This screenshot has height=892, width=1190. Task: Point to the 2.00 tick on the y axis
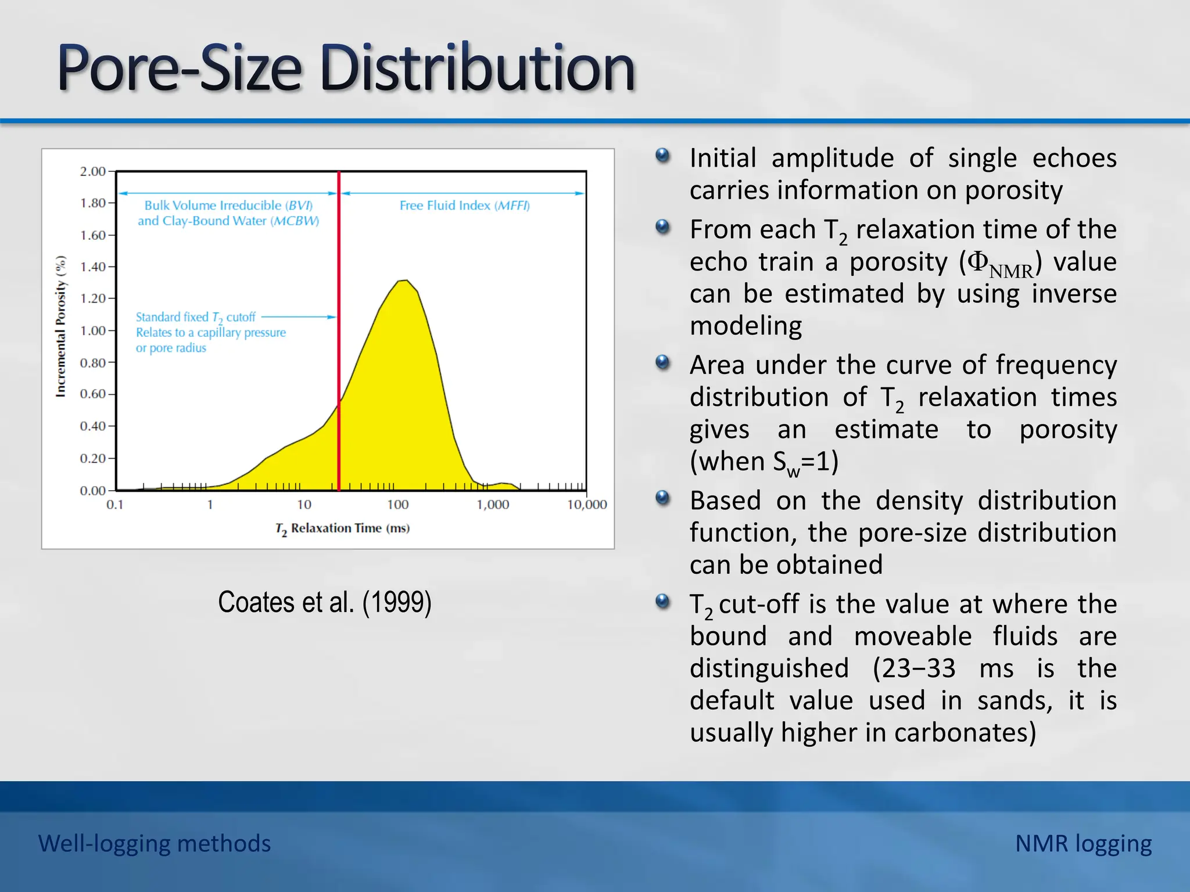click(93, 171)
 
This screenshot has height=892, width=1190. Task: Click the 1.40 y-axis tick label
click(93, 267)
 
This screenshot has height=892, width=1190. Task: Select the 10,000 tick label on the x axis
click(587, 505)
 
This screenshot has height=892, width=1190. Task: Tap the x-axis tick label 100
click(398, 505)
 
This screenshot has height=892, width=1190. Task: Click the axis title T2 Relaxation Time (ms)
click(342, 528)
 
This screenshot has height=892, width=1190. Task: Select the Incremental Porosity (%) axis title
click(60, 326)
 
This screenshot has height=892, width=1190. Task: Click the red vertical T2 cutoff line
click(339, 348)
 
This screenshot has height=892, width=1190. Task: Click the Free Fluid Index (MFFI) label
click(464, 206)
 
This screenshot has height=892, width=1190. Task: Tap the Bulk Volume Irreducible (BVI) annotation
click(228, 206)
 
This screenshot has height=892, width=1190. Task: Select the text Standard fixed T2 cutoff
click(196, 317)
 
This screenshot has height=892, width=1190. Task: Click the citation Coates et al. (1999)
click(325, 602)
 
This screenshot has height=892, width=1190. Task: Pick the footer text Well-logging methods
click(155, 843)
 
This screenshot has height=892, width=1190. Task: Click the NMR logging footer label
click(1083, 843)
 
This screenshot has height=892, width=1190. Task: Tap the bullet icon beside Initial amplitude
click(662, 156)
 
